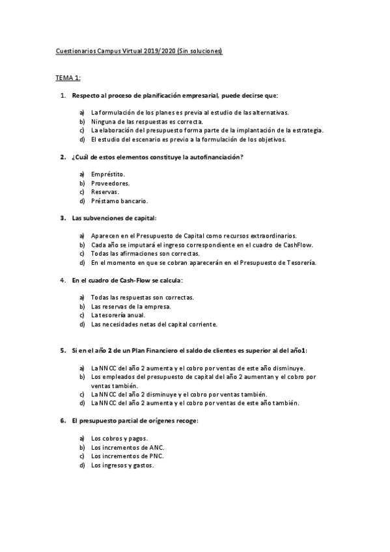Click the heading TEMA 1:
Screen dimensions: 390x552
coord(67,78)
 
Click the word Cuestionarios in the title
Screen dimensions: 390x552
coord(75,50)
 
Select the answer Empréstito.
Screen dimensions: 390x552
coord(108,174)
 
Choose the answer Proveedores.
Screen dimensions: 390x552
coord(110,183)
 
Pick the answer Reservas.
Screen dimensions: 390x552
coord(105,192)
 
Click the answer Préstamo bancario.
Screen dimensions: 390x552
coord(119,201)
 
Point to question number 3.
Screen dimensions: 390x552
coord(63,218)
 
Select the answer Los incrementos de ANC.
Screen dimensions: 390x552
coord(128,447)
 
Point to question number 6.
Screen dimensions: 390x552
coord(63,421)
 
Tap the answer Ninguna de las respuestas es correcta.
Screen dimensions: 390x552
coord(147,121)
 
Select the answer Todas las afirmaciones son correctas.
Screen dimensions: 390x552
coord(145,253)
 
